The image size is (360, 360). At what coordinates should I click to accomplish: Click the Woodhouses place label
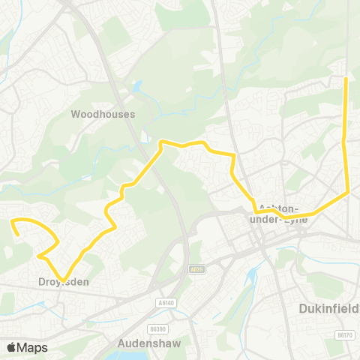click(x=103, y=115)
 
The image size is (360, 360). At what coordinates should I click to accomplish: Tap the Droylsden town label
click(x=64, y=282)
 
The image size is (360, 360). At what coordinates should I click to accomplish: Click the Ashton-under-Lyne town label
click(x=278, y=211)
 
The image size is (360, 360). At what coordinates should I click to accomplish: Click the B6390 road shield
click(x=158, y=307)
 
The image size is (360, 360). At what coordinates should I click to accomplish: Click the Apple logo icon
click(x=11, y=347)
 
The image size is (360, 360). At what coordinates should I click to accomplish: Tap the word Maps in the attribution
click(x=32, y=347)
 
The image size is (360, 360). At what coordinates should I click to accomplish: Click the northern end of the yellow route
click(x=345, y=79)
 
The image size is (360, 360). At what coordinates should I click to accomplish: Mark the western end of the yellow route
click(x=11, y=221)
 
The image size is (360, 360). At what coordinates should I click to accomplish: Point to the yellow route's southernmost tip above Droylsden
click(x=64, y=277)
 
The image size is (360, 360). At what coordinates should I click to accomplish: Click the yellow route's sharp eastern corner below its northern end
click(x=349, y=193)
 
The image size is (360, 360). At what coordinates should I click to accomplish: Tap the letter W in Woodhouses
click(x=75, y=115)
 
